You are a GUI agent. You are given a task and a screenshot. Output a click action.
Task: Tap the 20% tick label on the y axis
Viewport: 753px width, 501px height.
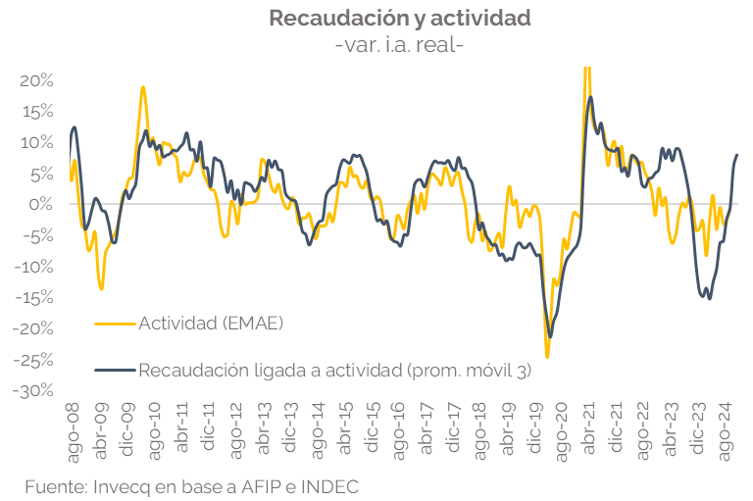click(x=36, y=79)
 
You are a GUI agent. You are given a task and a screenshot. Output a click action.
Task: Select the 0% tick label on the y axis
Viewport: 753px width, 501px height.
click(x=40, y=204)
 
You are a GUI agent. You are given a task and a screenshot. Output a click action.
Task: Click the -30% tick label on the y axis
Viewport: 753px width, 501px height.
click(x=33, y=390)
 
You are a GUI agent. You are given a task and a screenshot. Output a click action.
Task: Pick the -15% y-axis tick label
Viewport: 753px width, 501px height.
click(x=33, y=297)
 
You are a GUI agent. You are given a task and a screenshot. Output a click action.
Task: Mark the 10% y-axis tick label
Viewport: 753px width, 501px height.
click(x=36, y=142)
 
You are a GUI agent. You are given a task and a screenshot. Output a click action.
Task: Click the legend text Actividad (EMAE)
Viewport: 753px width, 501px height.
click(x=211, y=321)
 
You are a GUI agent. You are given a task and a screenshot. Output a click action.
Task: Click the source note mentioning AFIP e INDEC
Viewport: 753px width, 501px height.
click(x=192, y=485)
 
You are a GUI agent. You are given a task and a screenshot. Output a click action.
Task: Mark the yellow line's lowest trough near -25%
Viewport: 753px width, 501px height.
click(x=547, y=356)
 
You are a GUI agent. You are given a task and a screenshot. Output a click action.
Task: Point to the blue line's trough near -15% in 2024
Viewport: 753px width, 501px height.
click(x=710, y=298)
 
